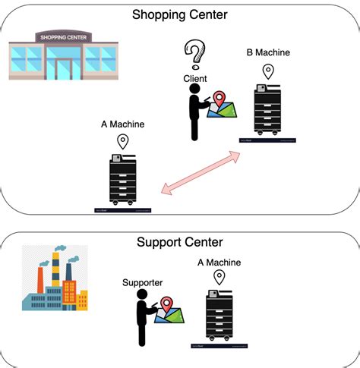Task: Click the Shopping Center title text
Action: [x=179, y=14]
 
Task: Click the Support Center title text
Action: [x=179, y=243]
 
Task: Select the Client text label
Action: [x=195, y=78]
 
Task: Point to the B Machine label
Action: [x=268, y=52]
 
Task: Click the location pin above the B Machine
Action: [x=268, y=72]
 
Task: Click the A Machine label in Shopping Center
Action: [x=122, y=123]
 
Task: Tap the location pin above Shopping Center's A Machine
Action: [x=123, y=142]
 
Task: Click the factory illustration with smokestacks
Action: [x=53, y=279]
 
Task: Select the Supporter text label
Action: [x=142, y=282]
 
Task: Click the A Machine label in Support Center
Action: [x=219, y=263]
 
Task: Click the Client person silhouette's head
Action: [x=194, y=90]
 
